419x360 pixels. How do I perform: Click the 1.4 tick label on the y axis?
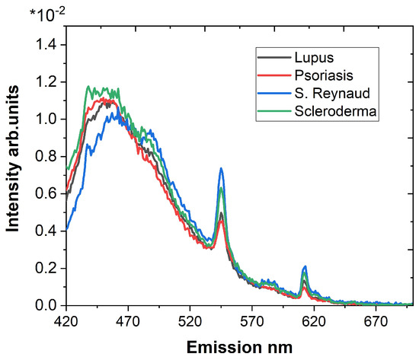(46, 45)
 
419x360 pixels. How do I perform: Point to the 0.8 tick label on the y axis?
(46, 156)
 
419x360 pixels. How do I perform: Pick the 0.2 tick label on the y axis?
(46, 268)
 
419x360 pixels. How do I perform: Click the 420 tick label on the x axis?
(66, 322)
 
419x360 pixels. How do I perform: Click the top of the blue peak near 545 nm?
(221, 168)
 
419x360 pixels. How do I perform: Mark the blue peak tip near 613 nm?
(305, 266)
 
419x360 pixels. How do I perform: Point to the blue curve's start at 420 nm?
(66, 228)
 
